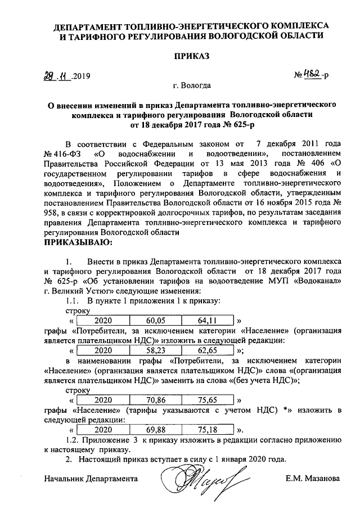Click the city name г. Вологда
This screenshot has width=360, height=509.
(x=192, y=86)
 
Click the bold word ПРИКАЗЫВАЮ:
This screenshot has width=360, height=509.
(x=78, y=242)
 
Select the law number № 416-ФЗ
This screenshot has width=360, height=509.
(x=64, y=154)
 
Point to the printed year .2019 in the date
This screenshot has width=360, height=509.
(x=80, y=76)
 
